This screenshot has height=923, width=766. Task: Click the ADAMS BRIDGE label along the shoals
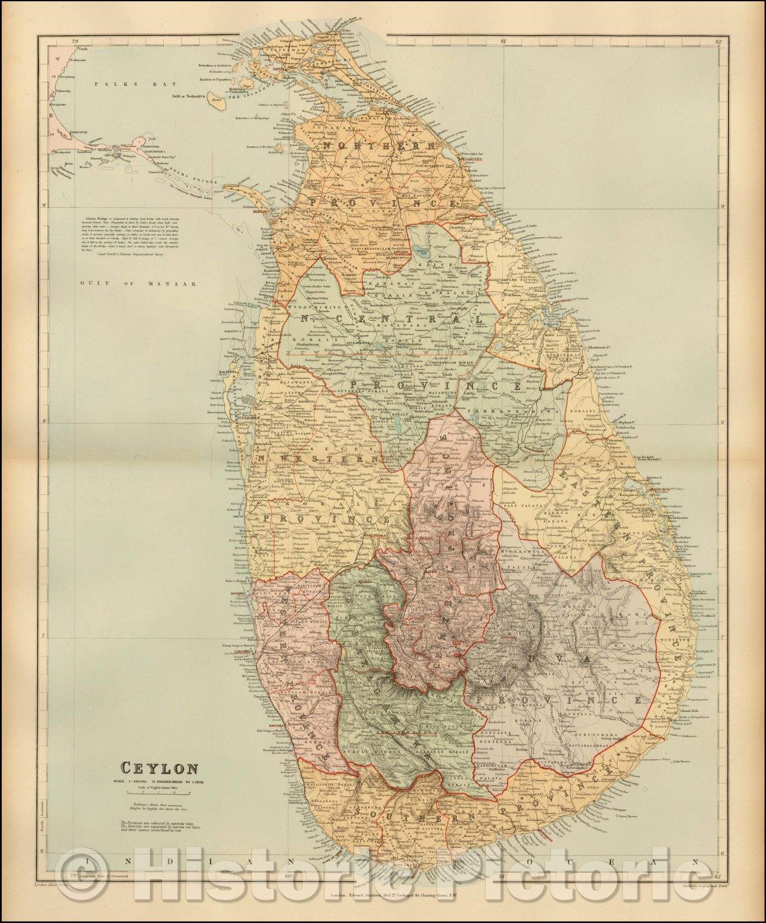coord(185,163)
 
